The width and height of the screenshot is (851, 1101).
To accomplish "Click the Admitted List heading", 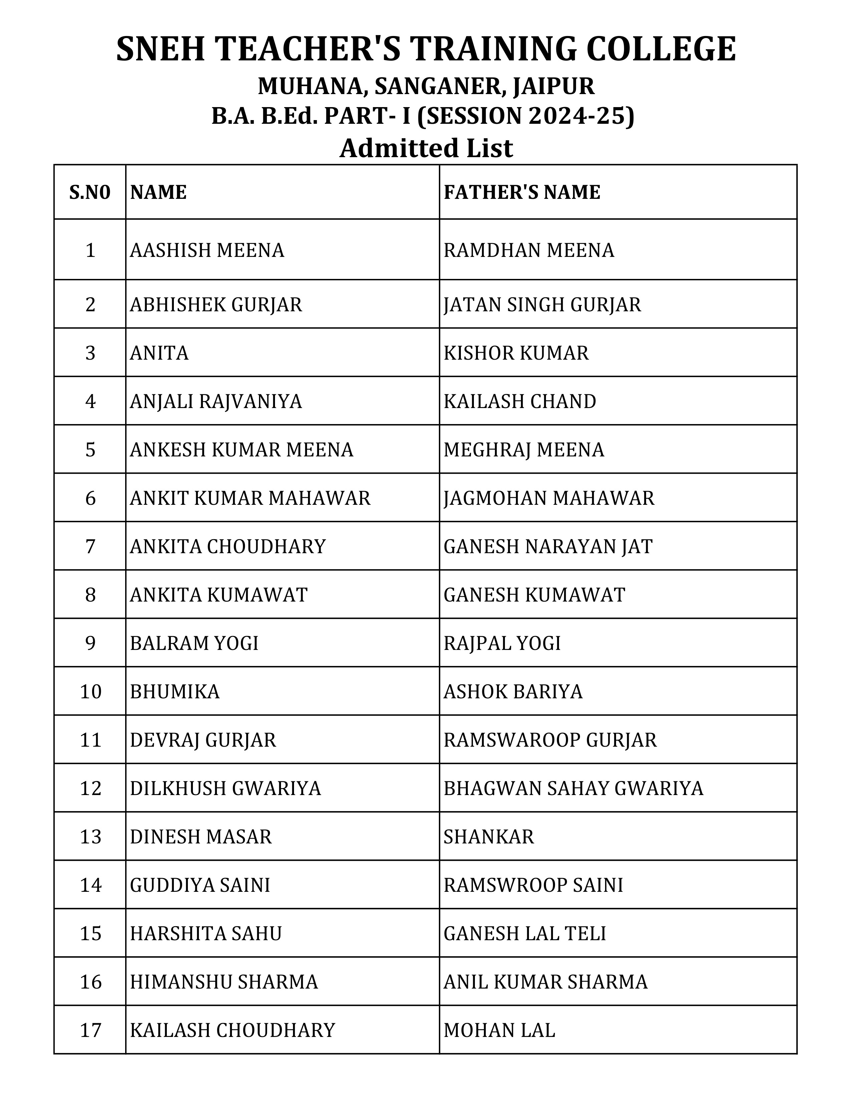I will click(426, 149).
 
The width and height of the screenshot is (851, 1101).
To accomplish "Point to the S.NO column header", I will click(90, 193).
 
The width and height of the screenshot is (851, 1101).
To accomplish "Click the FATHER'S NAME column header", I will click(522, 193).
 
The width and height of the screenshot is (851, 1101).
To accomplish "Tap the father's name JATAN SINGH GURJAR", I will click(542, 305).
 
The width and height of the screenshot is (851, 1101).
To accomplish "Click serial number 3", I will click(90, 353).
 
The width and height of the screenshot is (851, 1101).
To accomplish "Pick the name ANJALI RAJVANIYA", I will click(216, 402).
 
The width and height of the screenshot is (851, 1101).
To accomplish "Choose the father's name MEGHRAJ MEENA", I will click(523, 450).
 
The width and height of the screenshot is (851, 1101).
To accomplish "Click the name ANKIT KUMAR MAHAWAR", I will click(250, 498).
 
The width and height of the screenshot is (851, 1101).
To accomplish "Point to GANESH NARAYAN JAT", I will click(548, 547).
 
